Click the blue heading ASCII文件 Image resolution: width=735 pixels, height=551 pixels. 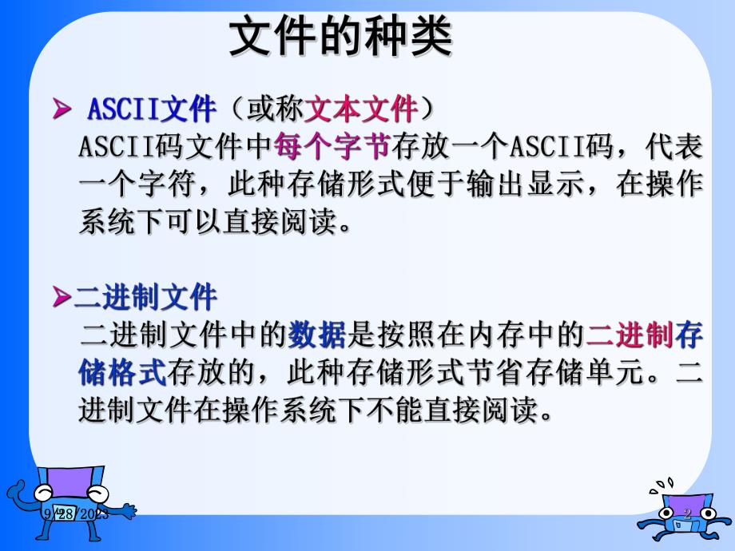click(x=151, y=108)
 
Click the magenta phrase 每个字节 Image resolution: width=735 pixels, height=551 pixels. click(x=331, y=146)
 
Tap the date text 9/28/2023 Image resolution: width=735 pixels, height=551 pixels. click(x=77, y=513)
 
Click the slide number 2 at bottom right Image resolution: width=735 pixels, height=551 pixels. click(x=685, y=513)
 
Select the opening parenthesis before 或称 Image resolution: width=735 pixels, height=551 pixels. click(x=236, y=108)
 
